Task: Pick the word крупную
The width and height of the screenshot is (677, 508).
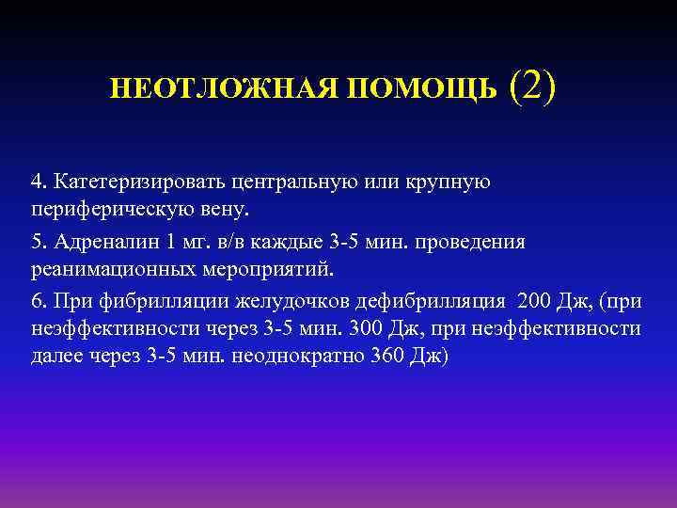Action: (450, 179)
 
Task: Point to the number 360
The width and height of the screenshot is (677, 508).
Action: (355, 355)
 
